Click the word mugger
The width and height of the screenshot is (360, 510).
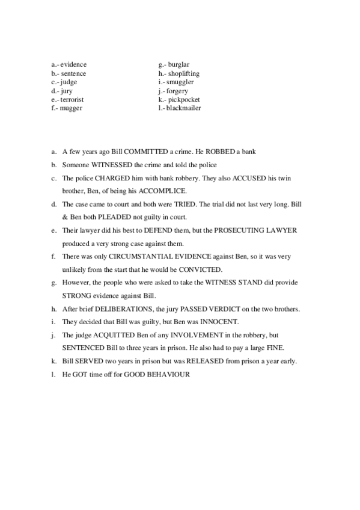71,108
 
